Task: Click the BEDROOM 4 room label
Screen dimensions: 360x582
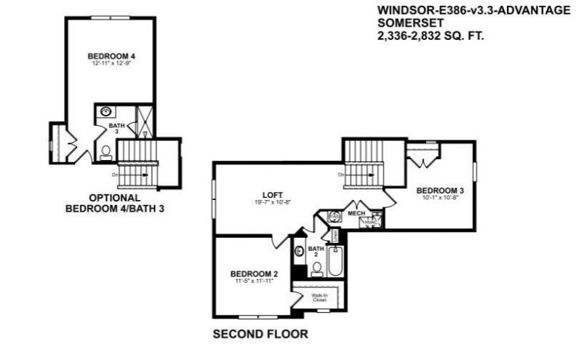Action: point(111,56)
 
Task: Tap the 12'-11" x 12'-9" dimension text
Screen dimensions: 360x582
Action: point(111,64)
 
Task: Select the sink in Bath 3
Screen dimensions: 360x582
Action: point(106,112)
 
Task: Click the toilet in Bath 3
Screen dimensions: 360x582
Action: point(106,151)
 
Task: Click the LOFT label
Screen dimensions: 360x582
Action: point(273,194)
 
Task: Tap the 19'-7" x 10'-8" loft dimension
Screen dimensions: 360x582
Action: point(273,202)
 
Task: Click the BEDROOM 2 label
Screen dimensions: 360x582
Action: point(250,274)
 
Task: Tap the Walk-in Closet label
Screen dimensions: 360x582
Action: point(319,297)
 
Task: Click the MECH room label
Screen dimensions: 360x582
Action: point(356,213)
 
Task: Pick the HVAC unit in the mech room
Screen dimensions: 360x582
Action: point(374,223)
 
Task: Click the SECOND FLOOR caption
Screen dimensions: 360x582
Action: point(260,335)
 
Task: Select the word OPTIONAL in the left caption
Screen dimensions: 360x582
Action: point(114,197)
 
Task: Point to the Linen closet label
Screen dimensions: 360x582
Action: point(335,236)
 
